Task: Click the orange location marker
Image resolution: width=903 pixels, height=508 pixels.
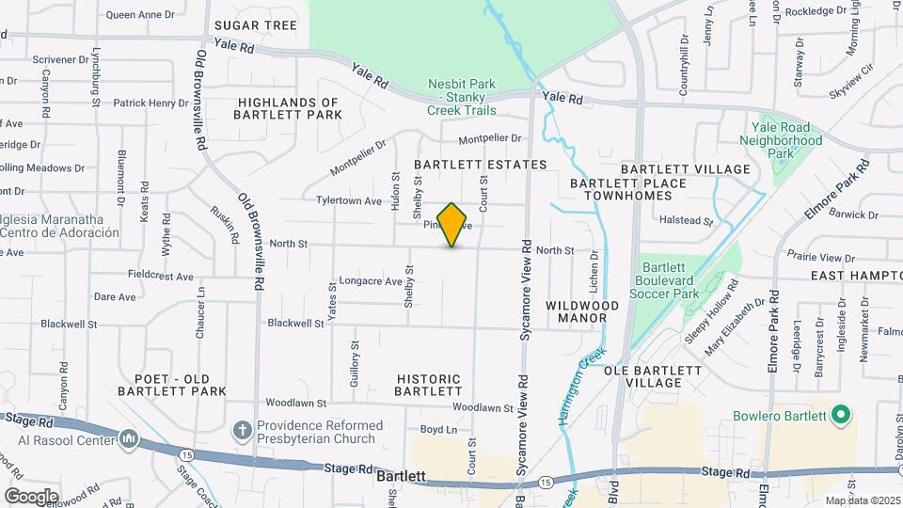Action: (x=452, y=225)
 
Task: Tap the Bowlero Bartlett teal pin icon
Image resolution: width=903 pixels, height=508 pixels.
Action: (x=842, y=414)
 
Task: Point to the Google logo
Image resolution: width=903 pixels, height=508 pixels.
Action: (x=31, y=496)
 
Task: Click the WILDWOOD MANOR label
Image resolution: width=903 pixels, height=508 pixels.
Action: (x=582, y=311)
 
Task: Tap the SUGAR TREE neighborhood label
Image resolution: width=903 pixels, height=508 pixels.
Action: (x=256, y=25)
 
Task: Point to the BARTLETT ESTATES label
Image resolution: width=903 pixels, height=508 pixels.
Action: (x=480, y=165)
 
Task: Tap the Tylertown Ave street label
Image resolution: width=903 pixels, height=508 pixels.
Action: (x=349, y=200)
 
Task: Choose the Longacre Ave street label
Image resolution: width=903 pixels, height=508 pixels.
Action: (x=371, y=281)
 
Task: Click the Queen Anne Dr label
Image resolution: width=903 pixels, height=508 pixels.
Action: (x=140, y=15)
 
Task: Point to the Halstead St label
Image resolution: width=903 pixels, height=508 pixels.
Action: (x=686, y=223)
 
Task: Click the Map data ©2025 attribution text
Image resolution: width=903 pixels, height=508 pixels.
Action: (x=862, y=500)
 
